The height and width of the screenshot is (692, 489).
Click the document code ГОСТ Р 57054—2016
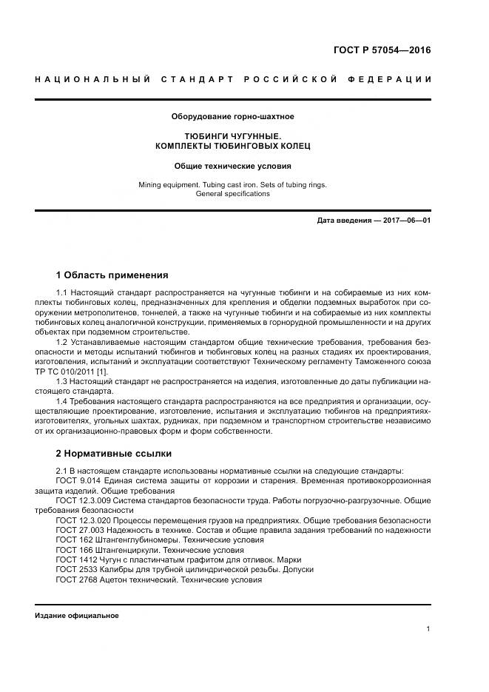point(382,50)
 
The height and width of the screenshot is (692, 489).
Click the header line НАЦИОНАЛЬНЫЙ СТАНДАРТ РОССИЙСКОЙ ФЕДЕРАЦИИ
point(233,80)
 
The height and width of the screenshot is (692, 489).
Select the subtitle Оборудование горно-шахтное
point(233,117)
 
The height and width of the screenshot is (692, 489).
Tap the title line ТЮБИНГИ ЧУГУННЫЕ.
point(233,136)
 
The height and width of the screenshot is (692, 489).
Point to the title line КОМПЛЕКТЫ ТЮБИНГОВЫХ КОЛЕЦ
point(233,147)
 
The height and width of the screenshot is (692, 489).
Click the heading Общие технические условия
point(233,166)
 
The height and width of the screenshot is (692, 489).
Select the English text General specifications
point(233,194)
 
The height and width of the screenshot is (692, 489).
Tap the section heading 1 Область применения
point(112,275)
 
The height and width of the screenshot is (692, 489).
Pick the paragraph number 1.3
point(63,380)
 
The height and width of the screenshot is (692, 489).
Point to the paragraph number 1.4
point(63,400)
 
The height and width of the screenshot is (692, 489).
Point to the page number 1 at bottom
point(428,629)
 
